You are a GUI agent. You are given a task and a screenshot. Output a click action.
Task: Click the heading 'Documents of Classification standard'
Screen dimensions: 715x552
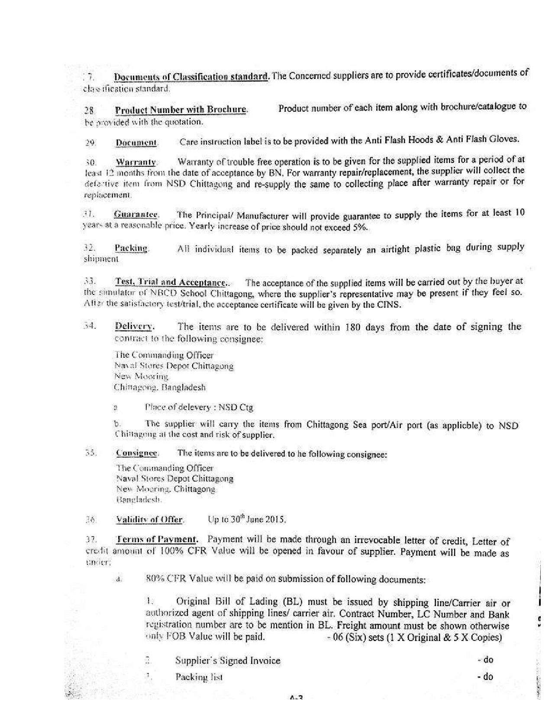[191, 77]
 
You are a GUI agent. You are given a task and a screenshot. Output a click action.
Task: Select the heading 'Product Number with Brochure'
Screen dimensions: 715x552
[181, 110]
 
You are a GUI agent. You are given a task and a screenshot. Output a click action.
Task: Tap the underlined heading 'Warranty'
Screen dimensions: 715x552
[136, 162]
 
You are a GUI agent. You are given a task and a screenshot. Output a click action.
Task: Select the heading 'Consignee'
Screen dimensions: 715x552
[136, 453]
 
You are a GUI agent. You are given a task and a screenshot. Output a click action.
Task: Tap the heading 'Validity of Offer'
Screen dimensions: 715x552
[149, 519]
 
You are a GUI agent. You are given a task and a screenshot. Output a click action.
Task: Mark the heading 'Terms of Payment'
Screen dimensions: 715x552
[157, 540]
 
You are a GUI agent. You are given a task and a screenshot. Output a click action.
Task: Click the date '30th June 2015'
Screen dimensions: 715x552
[247, 519]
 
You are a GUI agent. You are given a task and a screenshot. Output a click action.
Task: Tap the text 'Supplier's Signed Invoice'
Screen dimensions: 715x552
[227, 660]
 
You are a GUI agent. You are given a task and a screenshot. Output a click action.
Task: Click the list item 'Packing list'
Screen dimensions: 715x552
[199, 677]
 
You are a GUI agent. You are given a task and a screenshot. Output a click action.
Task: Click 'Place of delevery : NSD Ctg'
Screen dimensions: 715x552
[199, 407]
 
